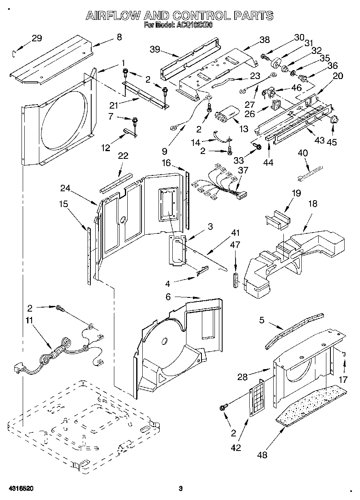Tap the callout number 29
36,38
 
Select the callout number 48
262,455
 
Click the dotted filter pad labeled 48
312,404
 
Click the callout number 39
155,50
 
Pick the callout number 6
168,297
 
